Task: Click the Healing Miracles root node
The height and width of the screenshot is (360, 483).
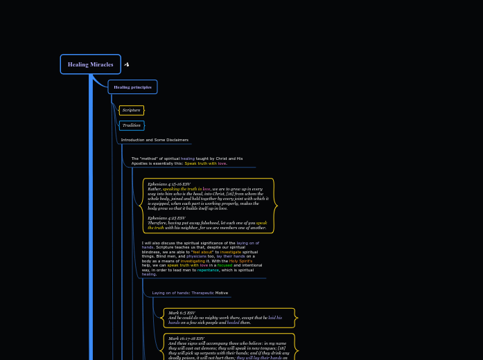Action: click(x=90, y=64)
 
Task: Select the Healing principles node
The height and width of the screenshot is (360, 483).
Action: click(x=132, y=87)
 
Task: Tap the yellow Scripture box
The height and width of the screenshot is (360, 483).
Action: click(x=131, y=110)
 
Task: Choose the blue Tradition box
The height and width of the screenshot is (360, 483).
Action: click(x=131, y=125)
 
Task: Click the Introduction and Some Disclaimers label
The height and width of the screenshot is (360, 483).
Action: click(x=155, y=140)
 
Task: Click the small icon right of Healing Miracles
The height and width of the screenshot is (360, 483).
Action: click(x=126, y=64)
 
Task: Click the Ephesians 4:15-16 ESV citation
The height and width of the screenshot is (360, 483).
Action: click(x=168, y=184)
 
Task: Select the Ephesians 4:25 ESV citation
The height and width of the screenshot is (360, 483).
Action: click(x=166, y=218)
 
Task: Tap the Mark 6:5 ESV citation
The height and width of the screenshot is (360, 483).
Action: click(x=182, y=313)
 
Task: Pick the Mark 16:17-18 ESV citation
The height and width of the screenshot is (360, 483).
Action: click(x=186, y=339)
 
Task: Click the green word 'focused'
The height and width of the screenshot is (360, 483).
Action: click(x=225, y=265)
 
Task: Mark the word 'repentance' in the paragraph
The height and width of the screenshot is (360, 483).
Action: click(x=208, y=270)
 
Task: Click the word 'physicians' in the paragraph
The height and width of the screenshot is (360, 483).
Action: click(x=196, y=256)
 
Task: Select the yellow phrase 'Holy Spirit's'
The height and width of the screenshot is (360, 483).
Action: click(x=240, y=261)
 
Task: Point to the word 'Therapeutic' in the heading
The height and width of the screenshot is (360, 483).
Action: click(x=202, y=293)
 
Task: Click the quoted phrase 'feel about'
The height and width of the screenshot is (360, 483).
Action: click(x=202, y=252)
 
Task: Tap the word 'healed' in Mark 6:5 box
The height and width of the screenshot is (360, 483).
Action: click(x=233, y=323)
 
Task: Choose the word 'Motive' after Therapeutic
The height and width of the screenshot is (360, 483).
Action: click(x=221, y=293)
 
